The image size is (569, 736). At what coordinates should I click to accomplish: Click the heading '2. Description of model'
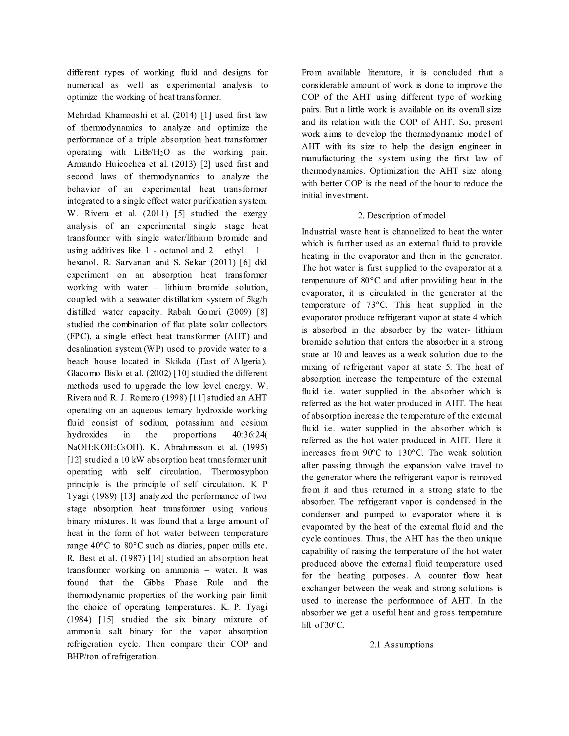(x=401, y=216)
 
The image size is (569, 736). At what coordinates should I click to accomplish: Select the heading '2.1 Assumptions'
(x=401, y=645)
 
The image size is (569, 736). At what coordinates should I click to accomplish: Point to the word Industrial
(x=319, y=232)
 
